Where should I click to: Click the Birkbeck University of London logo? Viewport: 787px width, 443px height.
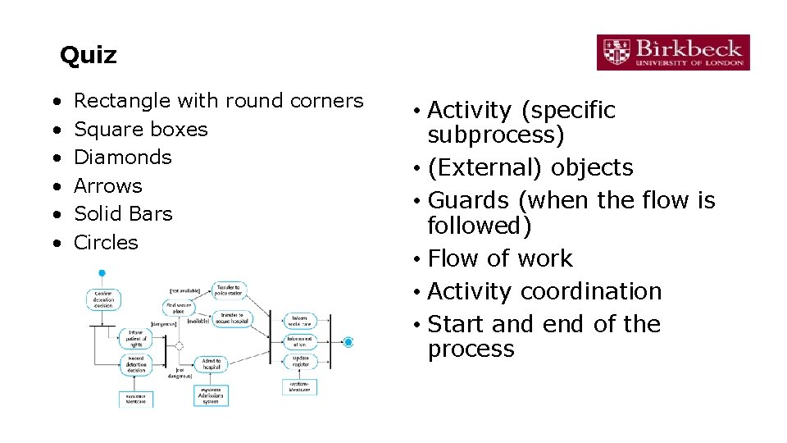coord(672,52)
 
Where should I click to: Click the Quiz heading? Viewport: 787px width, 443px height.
coord(88,56)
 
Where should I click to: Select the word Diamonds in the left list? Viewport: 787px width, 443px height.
coord(122,157)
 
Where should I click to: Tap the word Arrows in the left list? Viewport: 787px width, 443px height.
coord(107,185)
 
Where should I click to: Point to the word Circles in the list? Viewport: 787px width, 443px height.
coord(106,242)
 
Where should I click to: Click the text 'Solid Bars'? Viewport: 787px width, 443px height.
coord(123,213)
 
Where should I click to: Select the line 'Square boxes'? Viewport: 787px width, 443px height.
coord(140,129)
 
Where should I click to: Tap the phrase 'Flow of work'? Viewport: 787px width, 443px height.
coord(500,258)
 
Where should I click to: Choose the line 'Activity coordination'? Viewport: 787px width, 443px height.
coord(544,291)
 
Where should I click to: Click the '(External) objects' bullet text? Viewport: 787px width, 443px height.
coord(530,167)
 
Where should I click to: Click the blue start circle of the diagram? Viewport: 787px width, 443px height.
coord(102,272)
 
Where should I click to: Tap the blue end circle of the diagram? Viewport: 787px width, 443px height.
coord(348,341)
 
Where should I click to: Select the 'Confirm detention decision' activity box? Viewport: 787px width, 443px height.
coord(103,299)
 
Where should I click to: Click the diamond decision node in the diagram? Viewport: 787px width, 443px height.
coord(180,345)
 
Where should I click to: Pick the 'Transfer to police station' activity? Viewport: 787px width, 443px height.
coord(230,290)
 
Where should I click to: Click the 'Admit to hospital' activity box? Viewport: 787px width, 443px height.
coord(212,364)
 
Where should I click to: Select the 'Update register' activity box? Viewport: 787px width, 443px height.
coord(300,361)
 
